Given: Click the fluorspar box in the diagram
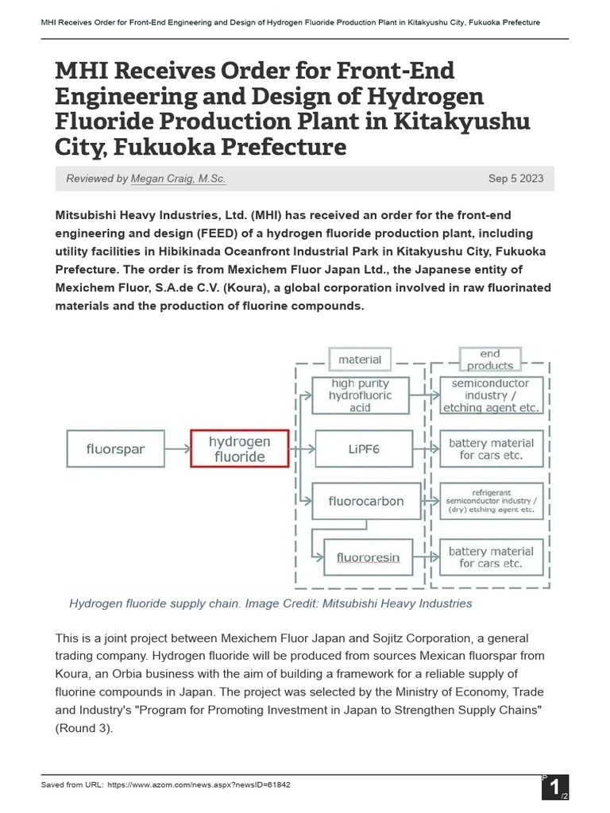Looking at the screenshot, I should click(x=116, y=449).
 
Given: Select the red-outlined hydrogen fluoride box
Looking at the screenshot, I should click(x=239, y=449).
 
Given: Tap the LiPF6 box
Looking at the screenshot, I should click(x=364, y=449).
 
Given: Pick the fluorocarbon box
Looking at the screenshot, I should click(x=365, y=501).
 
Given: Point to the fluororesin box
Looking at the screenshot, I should click(x=368, y=557).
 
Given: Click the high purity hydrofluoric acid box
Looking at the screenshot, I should click(x=361, y=395).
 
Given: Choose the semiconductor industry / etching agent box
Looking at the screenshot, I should click(x=490, y=395).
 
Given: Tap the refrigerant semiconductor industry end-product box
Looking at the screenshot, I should click(x=490, y=501).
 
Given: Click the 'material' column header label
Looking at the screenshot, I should click(x=360, y=360).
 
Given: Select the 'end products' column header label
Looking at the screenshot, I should click(x=490, y=360).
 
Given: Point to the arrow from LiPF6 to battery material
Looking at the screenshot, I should click(x=425, y=449).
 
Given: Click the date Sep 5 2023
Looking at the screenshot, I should click(x=515, y=179).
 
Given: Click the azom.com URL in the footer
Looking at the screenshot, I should click(x=198, y=784).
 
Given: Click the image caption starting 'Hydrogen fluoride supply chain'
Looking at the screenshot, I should click(x=271, y=603).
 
